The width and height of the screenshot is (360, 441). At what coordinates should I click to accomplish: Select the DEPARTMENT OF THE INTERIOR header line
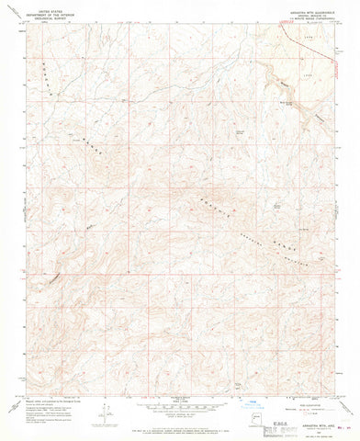(41, 12)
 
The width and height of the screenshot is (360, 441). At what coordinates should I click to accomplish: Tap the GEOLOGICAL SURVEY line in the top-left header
(41, 16)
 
